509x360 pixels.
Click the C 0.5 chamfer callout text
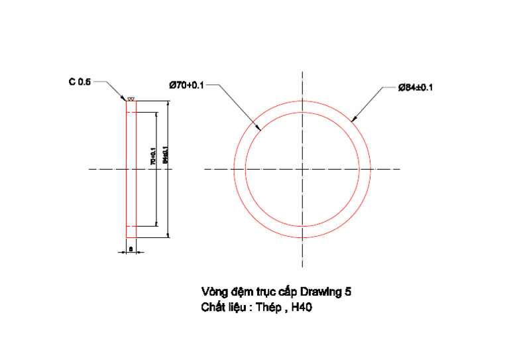coord(80,82)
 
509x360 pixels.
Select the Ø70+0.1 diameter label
coord(187,85)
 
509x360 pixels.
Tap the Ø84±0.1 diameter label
coord(415,88)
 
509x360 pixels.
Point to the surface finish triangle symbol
coord(131,99)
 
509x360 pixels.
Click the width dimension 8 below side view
coord(131,249)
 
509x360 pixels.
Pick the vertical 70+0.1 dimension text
coord(152,157)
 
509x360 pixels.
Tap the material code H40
coord(302,308)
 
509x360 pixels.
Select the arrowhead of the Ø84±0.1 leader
coord(353,121)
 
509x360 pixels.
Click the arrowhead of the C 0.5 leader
coord(125,101)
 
